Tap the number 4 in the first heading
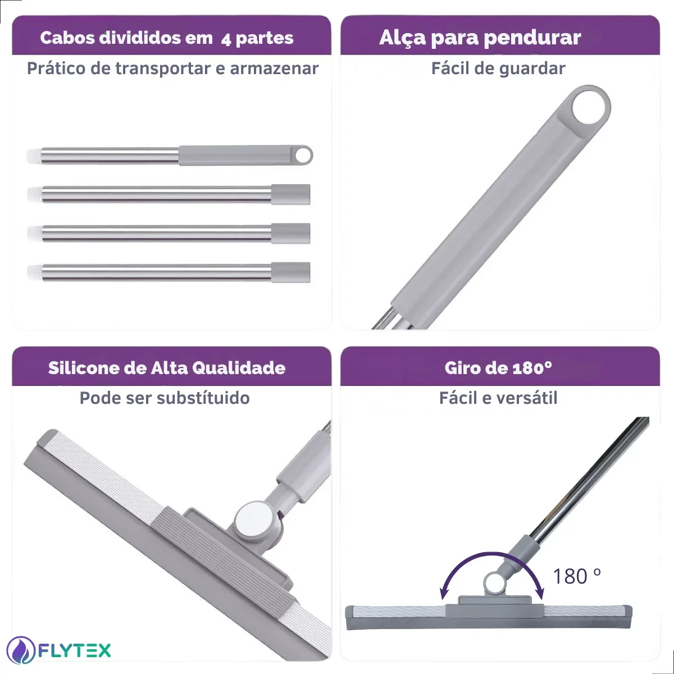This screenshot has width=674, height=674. pyautogui.click(x=226, y=40)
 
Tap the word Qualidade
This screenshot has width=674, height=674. pyautogui.click(x=239, y=368)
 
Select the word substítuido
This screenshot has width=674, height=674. pyautogui.click(x=203, y=398)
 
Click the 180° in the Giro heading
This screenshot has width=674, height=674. pyautogui.click(x=532, y=368)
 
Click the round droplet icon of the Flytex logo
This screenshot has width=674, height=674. pyautogui.click(x=21, y=650)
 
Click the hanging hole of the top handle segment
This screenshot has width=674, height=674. pyautogui.click(x=302, y=154)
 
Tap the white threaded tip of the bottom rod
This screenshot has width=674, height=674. pyautogui.click(x=34, y=272)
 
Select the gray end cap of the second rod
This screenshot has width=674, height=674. pyautogui.click(x=291, y=194)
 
